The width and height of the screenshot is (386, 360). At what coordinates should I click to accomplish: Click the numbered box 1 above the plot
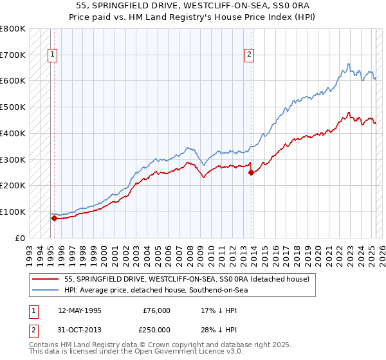click(x=51, y=55)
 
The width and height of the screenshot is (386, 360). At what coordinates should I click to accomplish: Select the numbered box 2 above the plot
click(x=248, y=55)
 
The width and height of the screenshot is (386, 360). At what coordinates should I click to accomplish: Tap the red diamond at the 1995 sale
click(x=54, y=218)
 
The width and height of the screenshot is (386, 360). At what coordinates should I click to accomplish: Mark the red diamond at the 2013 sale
click(x=251, y=172)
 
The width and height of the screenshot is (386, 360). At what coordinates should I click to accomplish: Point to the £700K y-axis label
click(x=13, y=55)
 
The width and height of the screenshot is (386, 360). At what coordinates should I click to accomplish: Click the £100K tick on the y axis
click(x=13, y=212)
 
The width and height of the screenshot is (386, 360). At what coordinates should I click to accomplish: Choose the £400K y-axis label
click(x=13, y=133)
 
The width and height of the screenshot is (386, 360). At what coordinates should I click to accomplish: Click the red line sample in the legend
click(x=46, y=280)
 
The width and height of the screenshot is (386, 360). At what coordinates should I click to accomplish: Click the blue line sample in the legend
click(x=46, y=290)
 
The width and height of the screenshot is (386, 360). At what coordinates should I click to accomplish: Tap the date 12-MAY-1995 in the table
click(x=80, y=310)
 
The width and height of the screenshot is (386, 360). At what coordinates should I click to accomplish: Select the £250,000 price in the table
click(x=157, y=330)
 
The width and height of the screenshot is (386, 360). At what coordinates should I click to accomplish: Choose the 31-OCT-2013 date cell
click(x=80, y=330)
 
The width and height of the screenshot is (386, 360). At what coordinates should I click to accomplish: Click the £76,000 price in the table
click(x=157, y=310)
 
